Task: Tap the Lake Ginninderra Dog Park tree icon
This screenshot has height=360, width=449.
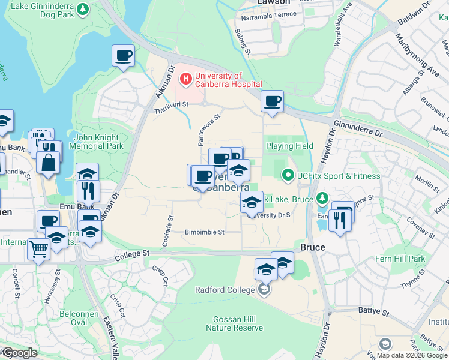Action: pos(83,9)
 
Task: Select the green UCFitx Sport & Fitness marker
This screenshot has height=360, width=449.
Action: pos(288,176)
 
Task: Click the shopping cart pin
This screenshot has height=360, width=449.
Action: pos(38,248)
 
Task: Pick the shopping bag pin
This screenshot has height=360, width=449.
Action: pos(47,162)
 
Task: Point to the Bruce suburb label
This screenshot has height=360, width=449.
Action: pos(312,247)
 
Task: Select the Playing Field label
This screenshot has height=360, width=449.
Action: pos(289,146)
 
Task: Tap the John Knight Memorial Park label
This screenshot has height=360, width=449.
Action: pos(96,142)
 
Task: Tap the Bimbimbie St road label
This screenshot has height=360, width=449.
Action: pos(204,232)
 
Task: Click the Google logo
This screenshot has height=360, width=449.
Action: pos(19,353)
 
